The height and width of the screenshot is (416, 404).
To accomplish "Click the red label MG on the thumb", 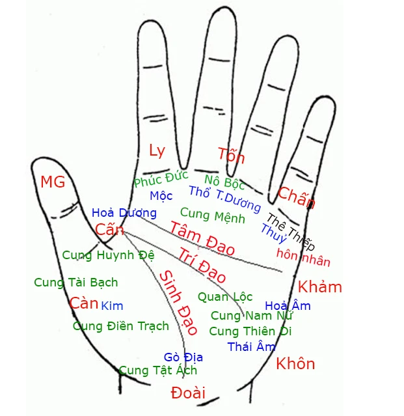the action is [x=53, y=182].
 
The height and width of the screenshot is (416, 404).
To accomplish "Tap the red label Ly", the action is [x=157, y=150].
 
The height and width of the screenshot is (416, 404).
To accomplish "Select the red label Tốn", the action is [x=231, y=155].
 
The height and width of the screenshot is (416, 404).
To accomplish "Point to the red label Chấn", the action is [x=297, y=197].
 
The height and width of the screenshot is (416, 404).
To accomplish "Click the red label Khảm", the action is [x=319, y=286].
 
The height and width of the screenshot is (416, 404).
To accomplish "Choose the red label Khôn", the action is [x=295, y=363].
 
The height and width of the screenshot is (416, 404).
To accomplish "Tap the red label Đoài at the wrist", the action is [x=188, y=393].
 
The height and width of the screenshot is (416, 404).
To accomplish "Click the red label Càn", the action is [x=84, y=303].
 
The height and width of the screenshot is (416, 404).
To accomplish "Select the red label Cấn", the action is [x=109, y=230].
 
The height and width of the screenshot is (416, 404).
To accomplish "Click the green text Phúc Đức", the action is [x=161, y=179].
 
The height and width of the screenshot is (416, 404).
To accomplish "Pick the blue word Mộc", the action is [x=161, y=196].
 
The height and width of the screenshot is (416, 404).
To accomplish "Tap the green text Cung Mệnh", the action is [x=213, y=215].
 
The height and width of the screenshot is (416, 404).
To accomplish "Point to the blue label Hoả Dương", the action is [x=124, y=213].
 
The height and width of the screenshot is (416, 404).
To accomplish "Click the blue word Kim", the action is [x=112, y=306].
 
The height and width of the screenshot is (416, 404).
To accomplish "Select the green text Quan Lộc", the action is [x=225, y=297].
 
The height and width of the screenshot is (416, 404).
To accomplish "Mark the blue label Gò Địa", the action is [x=183, y=357].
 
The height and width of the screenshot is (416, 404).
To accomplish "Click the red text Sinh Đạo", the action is [x=178, y=303].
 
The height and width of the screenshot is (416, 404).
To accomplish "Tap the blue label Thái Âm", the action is [x=251, y=346].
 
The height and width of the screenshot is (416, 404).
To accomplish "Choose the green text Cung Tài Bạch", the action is [x=76, y=282].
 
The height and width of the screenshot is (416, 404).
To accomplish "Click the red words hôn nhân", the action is [x=304, y=258].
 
